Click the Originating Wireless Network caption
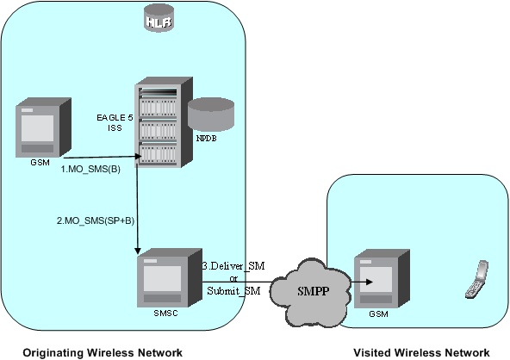pyautogui.click(x=102, y=351)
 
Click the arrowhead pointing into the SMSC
pyautogui.click(x=139, y=251)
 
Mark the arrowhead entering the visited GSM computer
pyautogui.click(x=356, y=280)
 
